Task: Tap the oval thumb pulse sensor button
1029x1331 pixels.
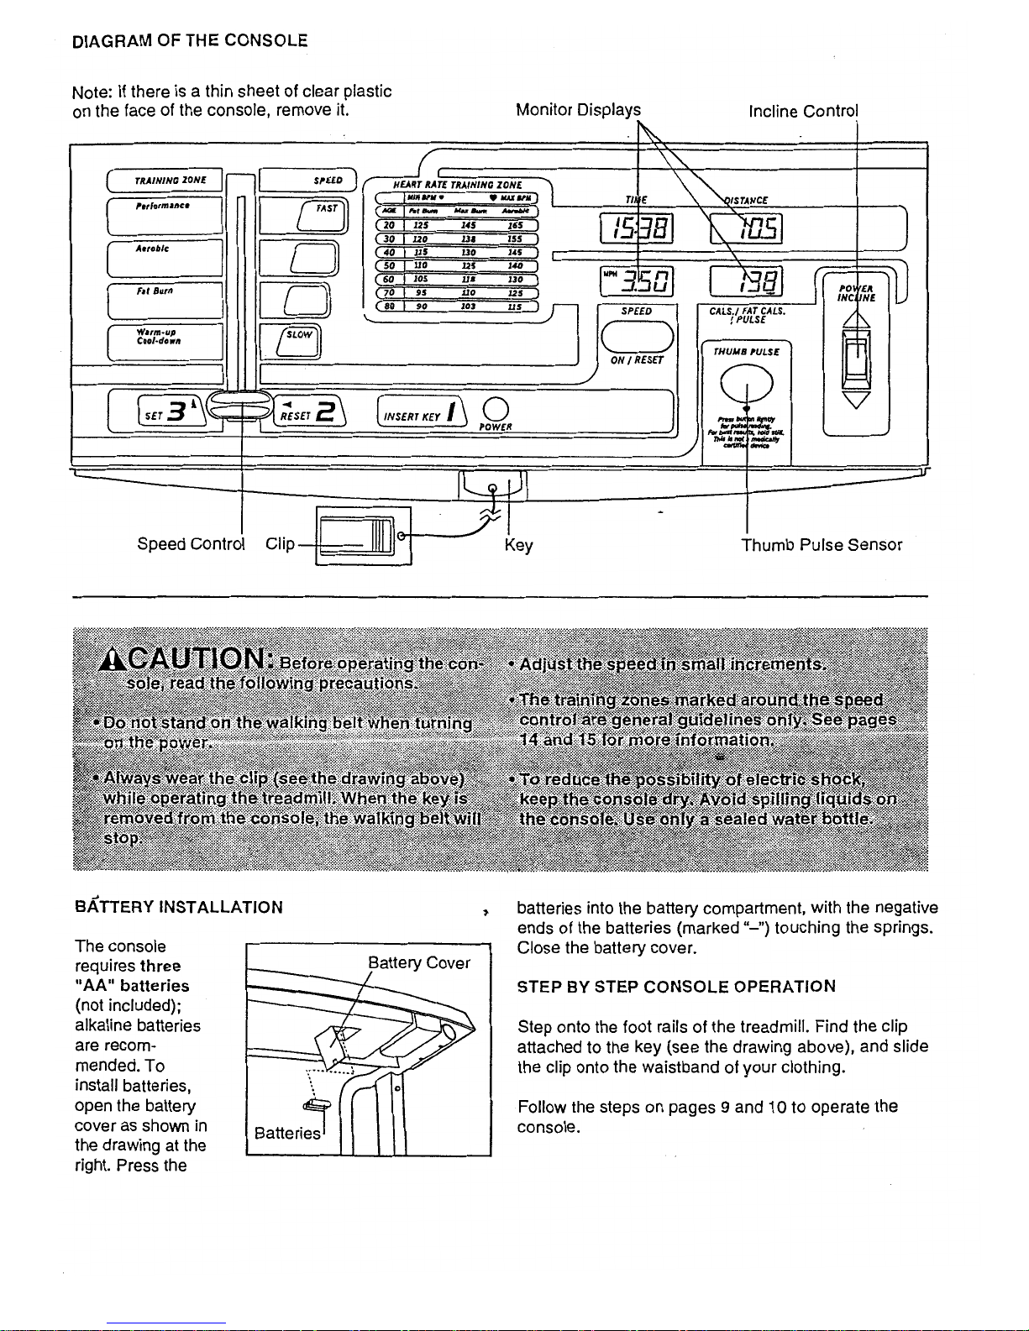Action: (x=747, y=385)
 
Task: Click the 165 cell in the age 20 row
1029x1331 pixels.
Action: (x=514, y=224)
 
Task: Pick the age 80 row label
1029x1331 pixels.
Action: (x=389, y=307)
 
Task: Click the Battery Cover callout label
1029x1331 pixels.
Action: (x=419, y=963)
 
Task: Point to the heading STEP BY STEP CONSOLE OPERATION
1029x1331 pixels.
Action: (x=676, y=986)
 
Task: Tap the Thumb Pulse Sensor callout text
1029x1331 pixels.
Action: (x=821, y=545)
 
